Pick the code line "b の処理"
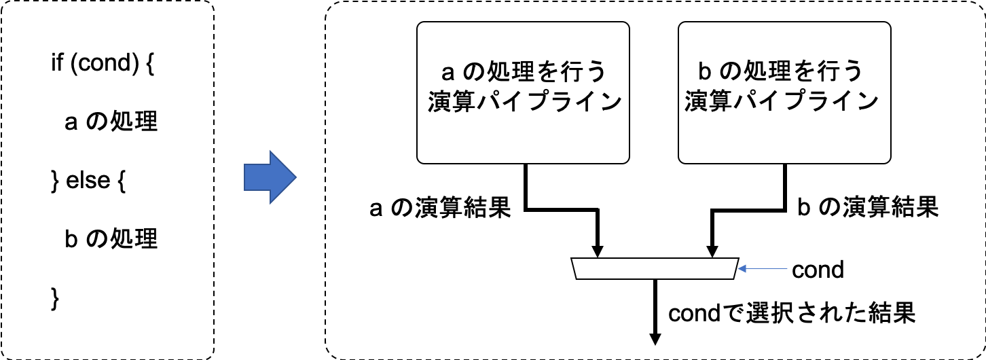point(111,239)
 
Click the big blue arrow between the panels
point(270,179)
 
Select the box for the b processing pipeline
point(784,92)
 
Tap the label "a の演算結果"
point(439,209)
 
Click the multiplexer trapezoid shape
point(655,269)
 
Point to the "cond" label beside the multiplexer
point(818,270)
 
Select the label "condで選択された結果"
point(792,312)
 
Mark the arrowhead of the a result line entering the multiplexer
point(598,251)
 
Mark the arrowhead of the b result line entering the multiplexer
point(713,251)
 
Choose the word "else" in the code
point(88,181)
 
